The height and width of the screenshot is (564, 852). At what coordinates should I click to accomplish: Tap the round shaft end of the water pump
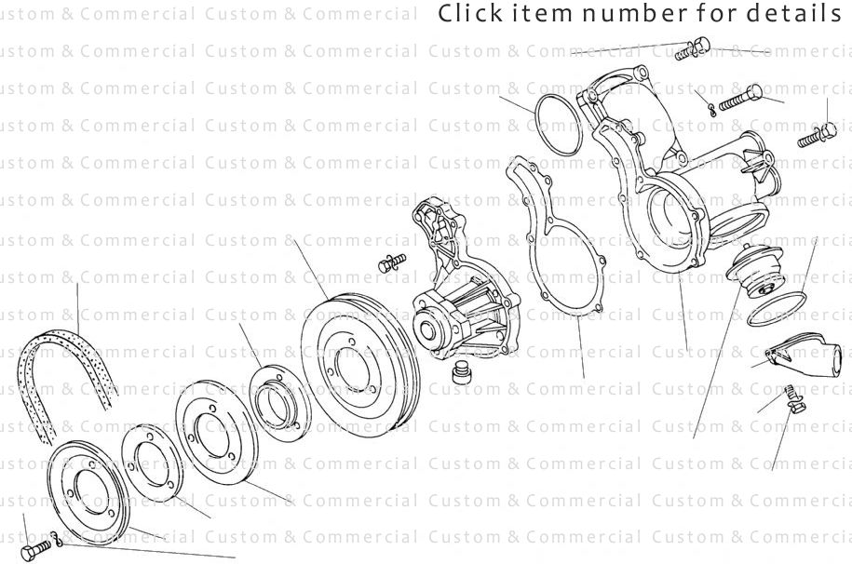428,329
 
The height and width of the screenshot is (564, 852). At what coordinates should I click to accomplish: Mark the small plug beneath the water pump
457,374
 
